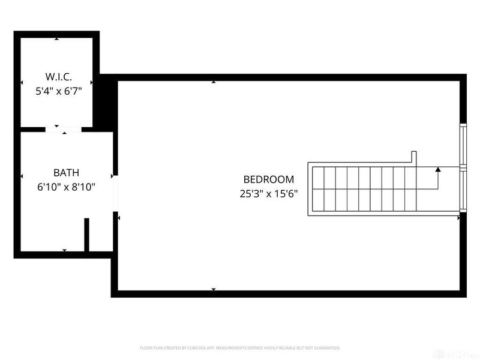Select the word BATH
click(x=66, y=173)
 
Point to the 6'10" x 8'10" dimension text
click(x=66, y=187)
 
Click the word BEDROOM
click(x=268, y=179)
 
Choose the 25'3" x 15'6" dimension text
click(x=268, y=194)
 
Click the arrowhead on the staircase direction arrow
click(x=438, y=170)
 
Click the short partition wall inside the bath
click(x=87, y=235)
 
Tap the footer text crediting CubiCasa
click(x=239, y=347)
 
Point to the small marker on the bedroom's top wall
click(x=214, y=82)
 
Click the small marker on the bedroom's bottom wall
click(x=214, y=290)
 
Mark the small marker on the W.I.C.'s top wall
click(x=56, y=39)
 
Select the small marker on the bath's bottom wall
click(x=65, y=250)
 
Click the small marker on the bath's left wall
click(x=22, y=176)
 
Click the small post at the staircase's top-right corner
click(x=413, y=157)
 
